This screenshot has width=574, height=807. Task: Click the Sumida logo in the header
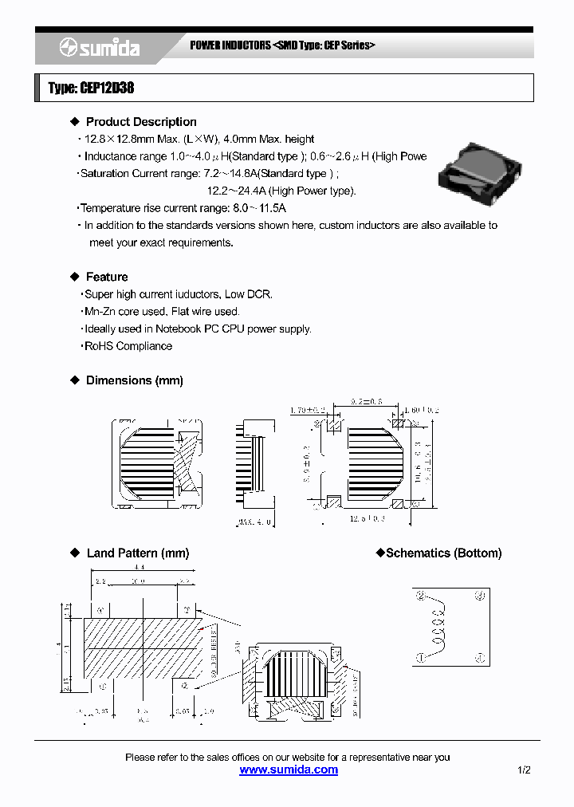(x=100, y=49)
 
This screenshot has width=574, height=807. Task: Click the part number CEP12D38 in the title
(x=105, y=89)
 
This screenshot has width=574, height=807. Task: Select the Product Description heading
(x=141, y=122)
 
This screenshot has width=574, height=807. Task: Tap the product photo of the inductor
(x=480, y=174)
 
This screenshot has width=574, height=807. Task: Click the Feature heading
(x=107, y=277)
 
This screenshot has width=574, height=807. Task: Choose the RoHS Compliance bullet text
(x=128, y=346)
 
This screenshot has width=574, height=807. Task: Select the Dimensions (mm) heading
(x=134, y=380)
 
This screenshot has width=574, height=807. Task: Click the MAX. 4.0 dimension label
(x=255, y=523)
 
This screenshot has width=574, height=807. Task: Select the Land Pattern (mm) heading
(x=137, y=553)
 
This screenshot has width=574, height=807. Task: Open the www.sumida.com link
(x=289, y=770)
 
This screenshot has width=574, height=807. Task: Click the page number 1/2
(x=524, y=770)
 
